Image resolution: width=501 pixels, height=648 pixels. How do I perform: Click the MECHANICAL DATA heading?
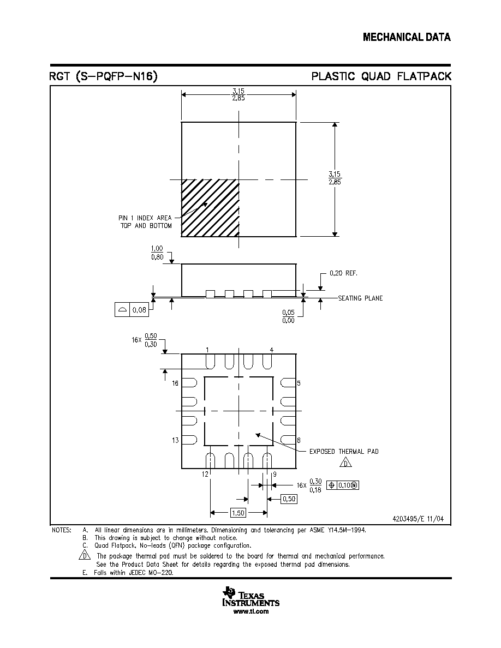(x=407, y=37)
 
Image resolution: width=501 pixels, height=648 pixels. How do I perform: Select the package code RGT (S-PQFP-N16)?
(x=103, y=76)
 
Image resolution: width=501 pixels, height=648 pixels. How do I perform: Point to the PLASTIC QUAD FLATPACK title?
(x=381, y=76)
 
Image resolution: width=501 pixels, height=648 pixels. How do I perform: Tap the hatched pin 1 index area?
(x=211, y=208)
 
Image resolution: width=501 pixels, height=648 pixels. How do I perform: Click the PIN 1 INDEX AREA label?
(x=145, y=218)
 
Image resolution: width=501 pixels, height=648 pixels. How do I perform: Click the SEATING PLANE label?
(x=360, y=298)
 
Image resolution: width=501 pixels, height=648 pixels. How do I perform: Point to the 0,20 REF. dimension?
(x=343, y=273)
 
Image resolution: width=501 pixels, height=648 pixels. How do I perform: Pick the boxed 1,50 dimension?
(x=238, y=513)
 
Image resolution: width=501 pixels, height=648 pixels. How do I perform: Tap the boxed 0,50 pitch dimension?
(x=289, y=499)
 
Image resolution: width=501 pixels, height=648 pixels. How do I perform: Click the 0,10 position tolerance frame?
(x=343, y=485)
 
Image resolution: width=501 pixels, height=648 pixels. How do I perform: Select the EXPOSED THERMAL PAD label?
(x=344, y=452)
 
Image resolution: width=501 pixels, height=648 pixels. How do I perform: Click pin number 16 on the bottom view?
(x=175, y=383)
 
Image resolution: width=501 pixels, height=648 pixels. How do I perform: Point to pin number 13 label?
(x=175, y=441)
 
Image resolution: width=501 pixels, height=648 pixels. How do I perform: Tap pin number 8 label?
(x=299, y=441)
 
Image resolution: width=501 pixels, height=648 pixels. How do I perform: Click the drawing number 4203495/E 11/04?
(x=418, y=519)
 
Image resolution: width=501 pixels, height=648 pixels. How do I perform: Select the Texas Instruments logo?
(x=250, y=597)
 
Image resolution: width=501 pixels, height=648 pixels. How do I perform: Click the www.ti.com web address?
(x=251, y=611)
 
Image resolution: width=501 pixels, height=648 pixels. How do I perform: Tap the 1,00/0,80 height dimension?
(x=157, y=253)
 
